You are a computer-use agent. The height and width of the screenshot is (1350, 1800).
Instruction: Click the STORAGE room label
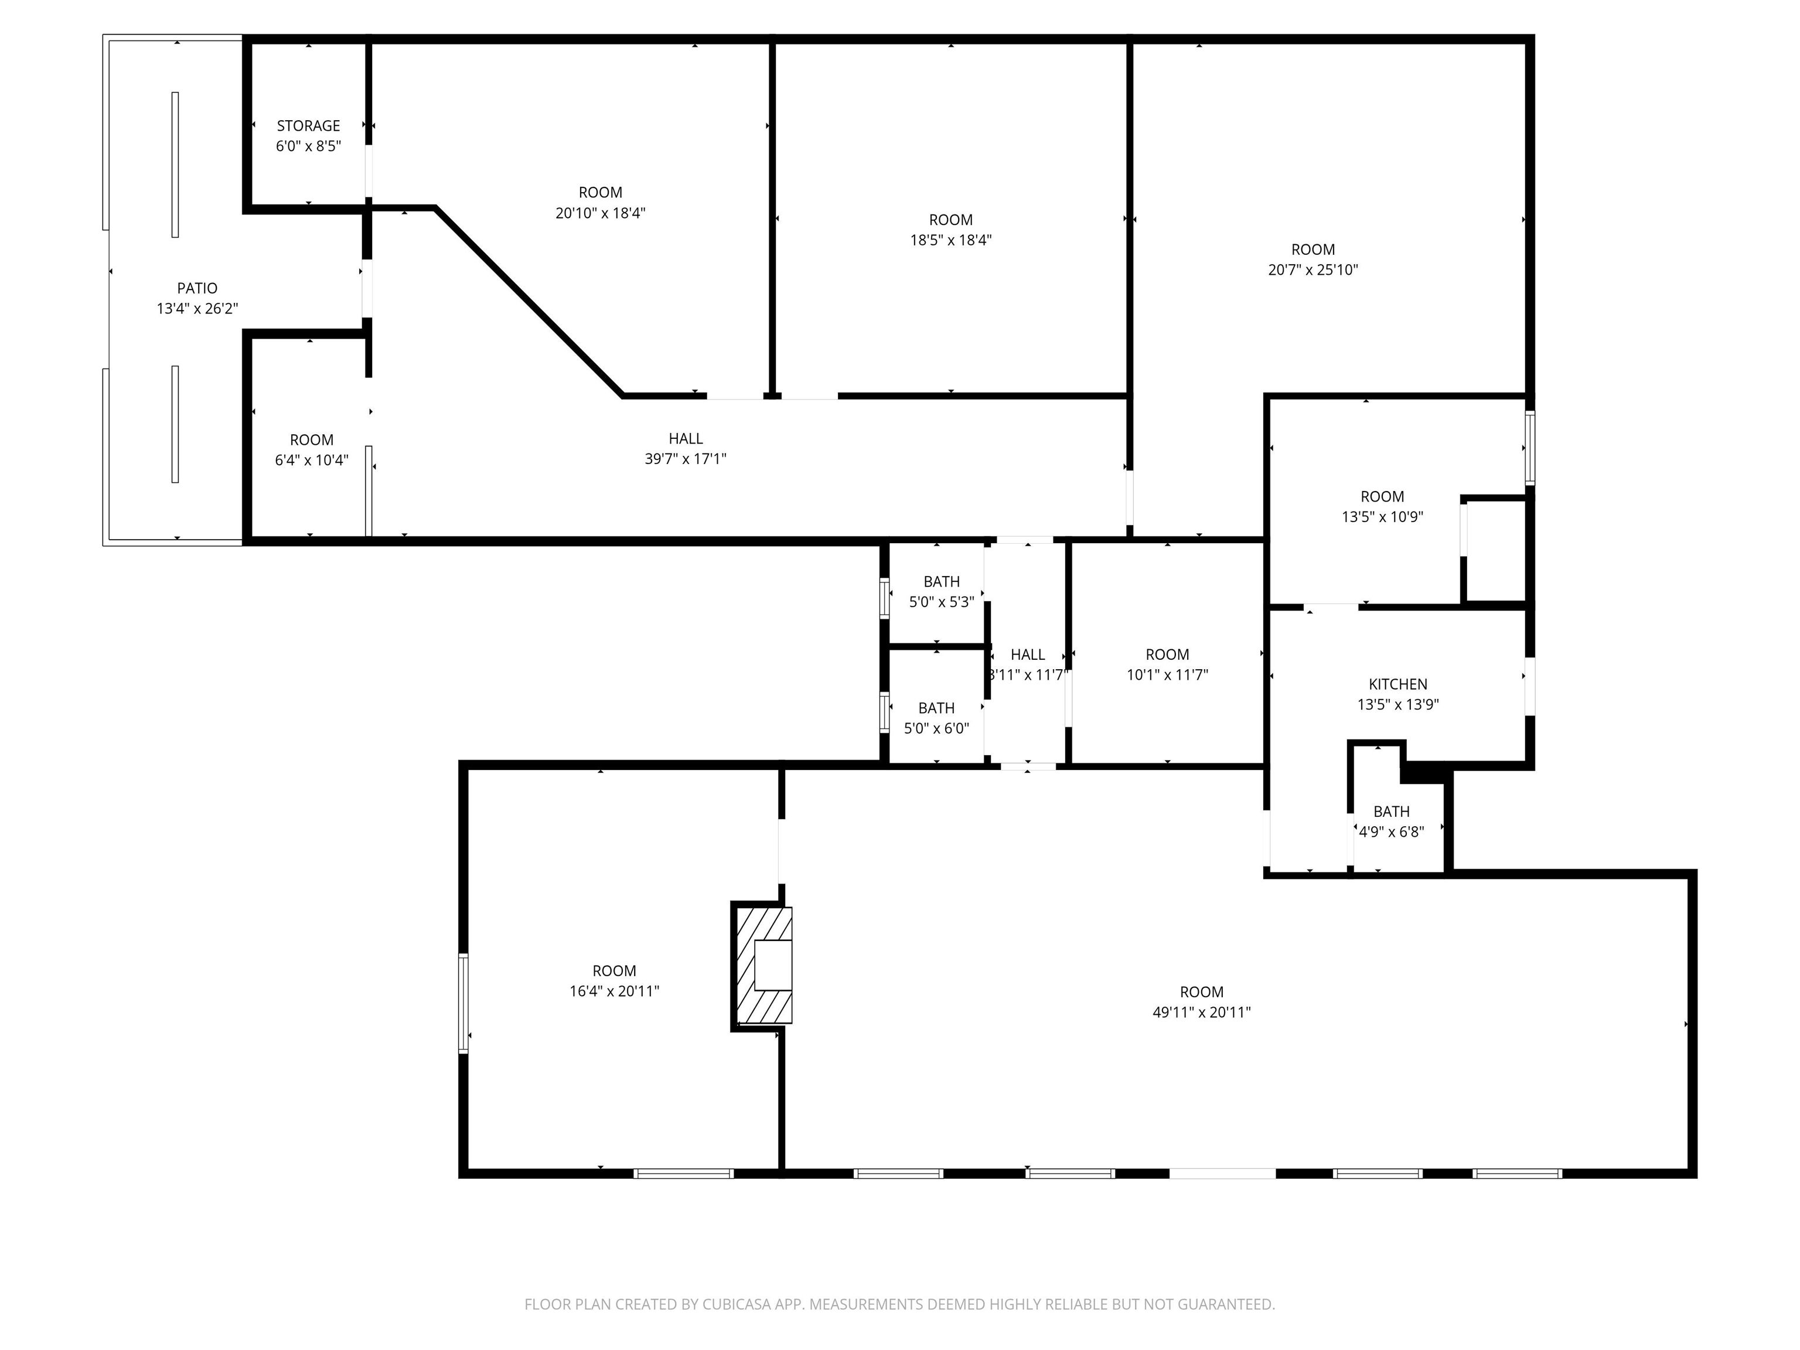coord(308,126)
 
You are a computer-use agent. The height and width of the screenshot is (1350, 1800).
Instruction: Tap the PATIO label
coord(197,288)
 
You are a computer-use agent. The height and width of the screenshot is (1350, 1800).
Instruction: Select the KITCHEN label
coord(1398,684)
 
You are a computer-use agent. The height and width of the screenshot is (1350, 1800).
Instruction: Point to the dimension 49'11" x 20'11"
coord(1202,1012)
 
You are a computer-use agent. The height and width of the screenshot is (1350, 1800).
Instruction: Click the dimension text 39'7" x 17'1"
coord(686,459)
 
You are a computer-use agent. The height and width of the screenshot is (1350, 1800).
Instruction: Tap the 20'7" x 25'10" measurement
coord(1314,270)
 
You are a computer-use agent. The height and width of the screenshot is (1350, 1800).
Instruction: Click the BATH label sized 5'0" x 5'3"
coord(942,582)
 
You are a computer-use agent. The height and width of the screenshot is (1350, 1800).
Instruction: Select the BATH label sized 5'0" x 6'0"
coord(936,708)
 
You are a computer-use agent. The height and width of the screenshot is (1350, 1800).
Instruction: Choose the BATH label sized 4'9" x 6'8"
coord(1392,812)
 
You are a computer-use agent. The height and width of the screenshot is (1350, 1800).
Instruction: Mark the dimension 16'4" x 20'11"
coord(615,991)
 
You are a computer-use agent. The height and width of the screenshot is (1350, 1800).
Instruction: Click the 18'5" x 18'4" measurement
coord(950,240)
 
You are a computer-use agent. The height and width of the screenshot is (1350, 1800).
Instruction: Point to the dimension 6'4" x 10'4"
coord(312,460)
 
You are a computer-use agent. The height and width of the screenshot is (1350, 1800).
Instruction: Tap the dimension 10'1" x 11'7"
coord(1168,674)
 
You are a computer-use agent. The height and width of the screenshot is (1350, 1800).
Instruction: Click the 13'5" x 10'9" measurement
coord(1383,517)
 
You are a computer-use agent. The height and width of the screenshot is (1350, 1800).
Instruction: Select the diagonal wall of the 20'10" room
coord(530,302)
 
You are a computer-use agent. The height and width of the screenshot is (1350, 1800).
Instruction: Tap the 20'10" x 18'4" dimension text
coord(601,213)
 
